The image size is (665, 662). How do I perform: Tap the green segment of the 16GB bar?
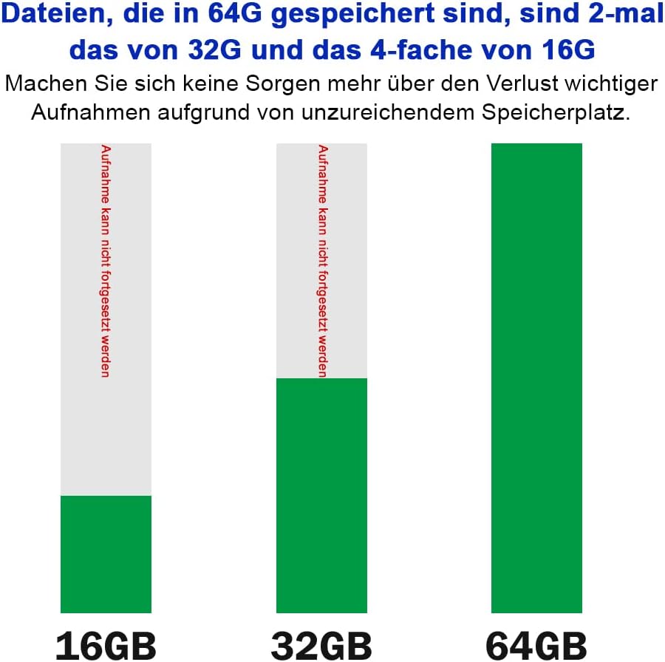pyautogui.click(x=106, y=554)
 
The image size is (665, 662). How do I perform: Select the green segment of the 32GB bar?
pyautogui.click(x=321, y=495)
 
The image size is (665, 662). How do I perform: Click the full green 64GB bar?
pyautogui.click(x=536, y=377)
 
